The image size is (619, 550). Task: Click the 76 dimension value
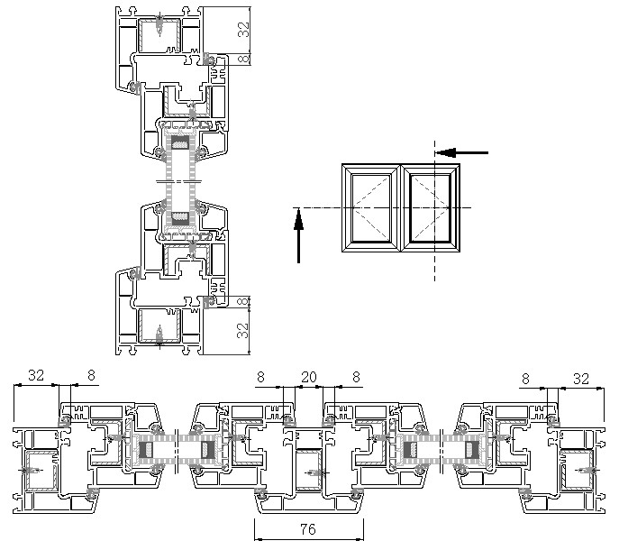click(308, 529)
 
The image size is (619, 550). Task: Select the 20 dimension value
click(309, 377)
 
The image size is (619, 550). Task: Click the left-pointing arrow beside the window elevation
click(461, 152)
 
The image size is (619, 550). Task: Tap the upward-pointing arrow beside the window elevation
click(299, 235)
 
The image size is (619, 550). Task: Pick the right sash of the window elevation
click(409, 208)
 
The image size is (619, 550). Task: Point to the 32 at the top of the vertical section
click(243, 29)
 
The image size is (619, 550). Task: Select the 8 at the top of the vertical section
click(245, 59)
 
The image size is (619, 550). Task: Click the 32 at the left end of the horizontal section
click(36, 375)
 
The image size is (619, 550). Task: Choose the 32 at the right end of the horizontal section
click(581, 379)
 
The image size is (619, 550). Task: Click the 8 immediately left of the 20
click(261, 377)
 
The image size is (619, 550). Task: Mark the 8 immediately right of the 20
click(356, 377)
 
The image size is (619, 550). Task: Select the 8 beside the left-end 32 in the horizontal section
click(91, 375)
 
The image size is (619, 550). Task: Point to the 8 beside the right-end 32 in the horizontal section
click(525, 379)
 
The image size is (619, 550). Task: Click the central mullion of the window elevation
click(401, 208)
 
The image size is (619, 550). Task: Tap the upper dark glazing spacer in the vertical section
click(181, 142)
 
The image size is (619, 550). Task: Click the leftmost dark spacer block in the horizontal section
click(146, 450)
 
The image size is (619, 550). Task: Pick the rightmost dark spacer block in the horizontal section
click(471, 450)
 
